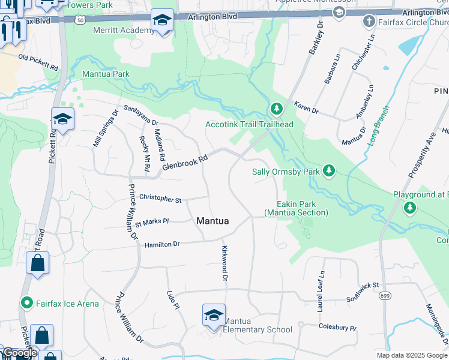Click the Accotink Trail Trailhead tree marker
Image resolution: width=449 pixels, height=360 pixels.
pos(276,109)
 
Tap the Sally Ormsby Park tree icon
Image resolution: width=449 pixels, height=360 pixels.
pos(328,172)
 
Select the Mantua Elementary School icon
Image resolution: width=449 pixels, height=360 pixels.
pos(214,316)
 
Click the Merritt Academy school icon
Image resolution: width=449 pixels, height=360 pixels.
pos(161,21)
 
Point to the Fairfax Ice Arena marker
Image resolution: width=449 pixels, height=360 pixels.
pos(26,304)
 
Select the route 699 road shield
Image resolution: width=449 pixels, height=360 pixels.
pos(385,296)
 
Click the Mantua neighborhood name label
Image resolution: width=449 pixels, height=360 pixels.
pos(212,221)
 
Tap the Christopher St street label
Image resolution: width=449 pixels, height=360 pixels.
pos(160,198)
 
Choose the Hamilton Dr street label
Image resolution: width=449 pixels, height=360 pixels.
pos(162,244)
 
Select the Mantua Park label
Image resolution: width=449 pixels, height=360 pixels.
pos(106,74)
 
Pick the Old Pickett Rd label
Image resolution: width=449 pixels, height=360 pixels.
pos(38,60)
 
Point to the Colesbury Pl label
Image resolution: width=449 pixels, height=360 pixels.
pos(337,328)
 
